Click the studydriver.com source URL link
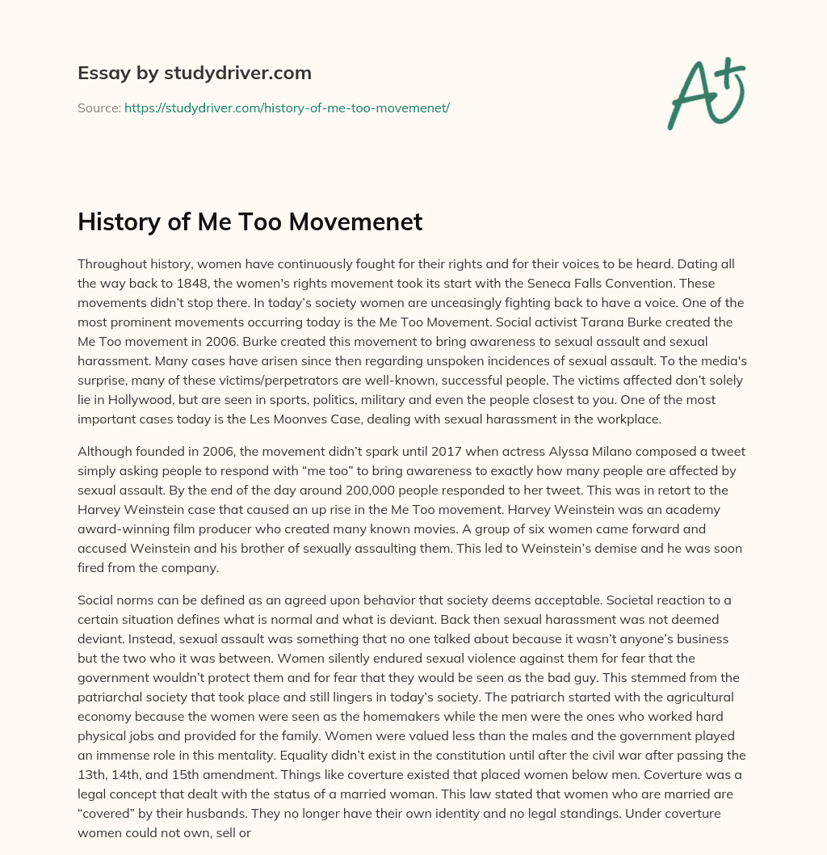pyautogui.click(x=287, y=107)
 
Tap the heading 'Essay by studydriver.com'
pyautogui.click(x=195, y=73)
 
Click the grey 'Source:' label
pyautogui.click(x=99, y=107)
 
